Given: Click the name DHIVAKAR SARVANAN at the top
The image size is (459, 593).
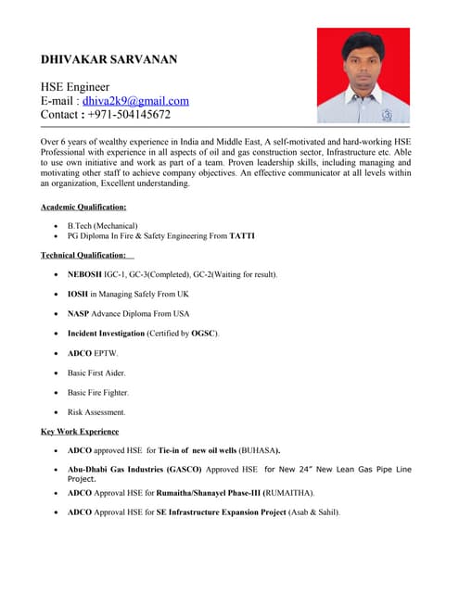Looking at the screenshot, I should coord(108,59).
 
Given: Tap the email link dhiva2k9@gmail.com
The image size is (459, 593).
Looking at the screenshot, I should coord(135,101).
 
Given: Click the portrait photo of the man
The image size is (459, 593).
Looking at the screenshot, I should coord(363,75).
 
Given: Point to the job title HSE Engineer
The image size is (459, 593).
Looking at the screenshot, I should coord(75,86).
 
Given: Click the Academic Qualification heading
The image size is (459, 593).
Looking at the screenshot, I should coord(84,207).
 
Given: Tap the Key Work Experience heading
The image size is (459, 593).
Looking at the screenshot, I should coord(80,432).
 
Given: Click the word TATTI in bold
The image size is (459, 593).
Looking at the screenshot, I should coord(242,236).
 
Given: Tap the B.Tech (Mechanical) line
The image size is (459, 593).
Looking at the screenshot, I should coord(103,225).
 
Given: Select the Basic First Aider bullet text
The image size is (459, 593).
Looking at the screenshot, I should coord(97,372).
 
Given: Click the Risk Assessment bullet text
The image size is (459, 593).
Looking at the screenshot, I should coord(96,412).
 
